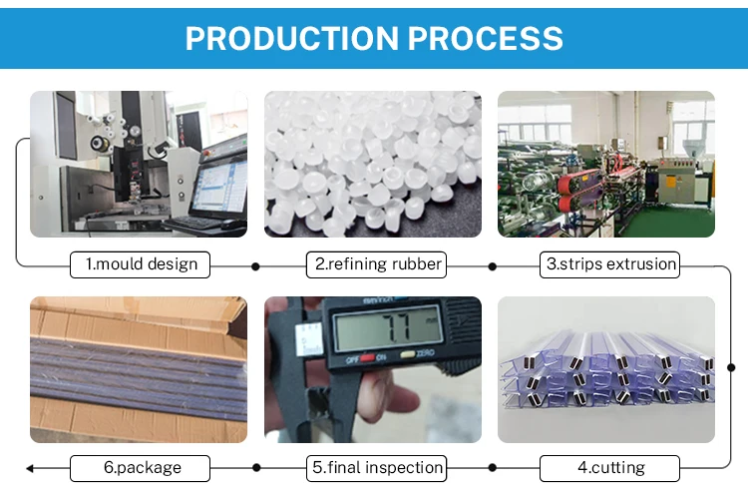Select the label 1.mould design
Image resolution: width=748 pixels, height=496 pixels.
[x=141, y=264]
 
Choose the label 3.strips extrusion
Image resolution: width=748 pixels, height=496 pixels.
[x=610, y=264]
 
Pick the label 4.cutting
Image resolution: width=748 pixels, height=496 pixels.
[x=610, y=468]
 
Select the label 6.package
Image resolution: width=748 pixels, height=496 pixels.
[x=141, y=468]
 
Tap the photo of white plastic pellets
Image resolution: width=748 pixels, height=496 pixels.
[x=372, y=164]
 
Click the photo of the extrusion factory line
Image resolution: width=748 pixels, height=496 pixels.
[x=606, y=164]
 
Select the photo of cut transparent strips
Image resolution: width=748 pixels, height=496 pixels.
[x=606, y=369]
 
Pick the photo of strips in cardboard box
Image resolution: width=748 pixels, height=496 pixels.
[x=139, y=369]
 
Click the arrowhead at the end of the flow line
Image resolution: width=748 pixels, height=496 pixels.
[x=30, y=468]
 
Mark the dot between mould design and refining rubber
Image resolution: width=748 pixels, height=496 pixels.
[x=255, y=266]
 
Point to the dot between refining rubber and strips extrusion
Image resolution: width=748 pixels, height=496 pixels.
[x=492, y=266]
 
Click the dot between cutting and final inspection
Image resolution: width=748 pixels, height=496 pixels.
[x=492, y=468]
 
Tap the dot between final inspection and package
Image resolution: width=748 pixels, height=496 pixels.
[x=256, y=468]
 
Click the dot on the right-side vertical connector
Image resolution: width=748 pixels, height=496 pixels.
[x=732, y=366]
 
